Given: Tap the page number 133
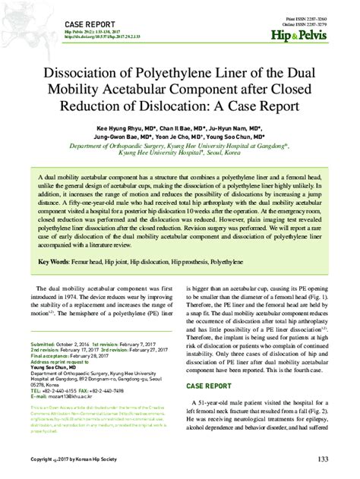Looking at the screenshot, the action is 323,459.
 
